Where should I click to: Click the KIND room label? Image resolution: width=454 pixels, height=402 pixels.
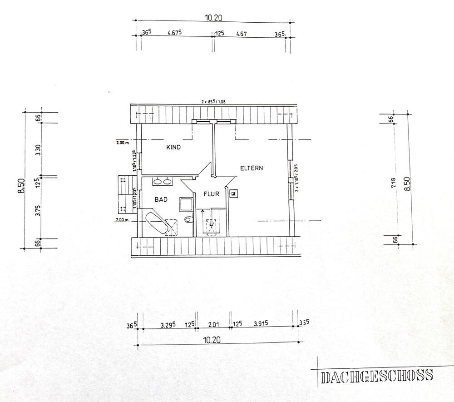(x=174, y=148)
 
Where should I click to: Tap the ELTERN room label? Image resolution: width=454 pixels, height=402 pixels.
(x=252, y=168)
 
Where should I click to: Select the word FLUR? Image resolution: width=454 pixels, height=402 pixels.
(x=211, y=194)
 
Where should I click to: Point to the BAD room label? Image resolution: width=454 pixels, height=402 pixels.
(x=161, y=199)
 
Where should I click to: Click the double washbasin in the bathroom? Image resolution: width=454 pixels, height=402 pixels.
(x=163, y=182)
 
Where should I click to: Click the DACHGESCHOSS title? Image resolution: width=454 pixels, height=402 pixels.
(x=376, y=376)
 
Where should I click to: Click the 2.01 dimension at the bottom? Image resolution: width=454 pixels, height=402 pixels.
(x=213, y=324)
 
